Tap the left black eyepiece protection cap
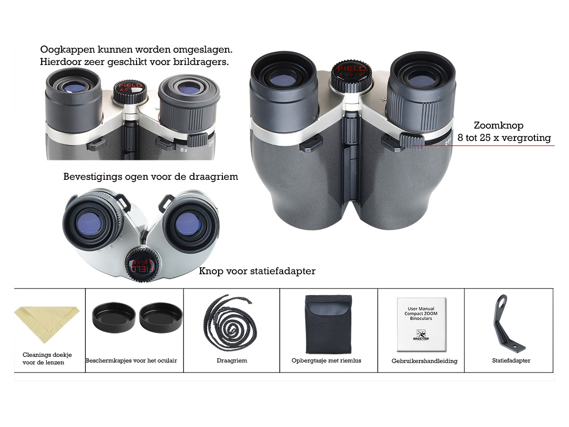tap(114, 317)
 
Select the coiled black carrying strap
tap(230, 323)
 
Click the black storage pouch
tap(329, 324)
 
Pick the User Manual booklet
tap(422, 324)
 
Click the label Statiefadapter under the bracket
tap(511, 361)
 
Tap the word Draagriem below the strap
tap(232, 361)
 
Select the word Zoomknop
tap(498, 125)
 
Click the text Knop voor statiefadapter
tap(257, 271)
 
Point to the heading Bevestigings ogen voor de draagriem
tap(151, 177)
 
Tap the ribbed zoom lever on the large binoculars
tap(412, 140)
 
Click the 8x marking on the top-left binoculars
tap(184, 150)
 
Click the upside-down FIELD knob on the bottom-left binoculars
tap(142, 264)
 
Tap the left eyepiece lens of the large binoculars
tap(283, 78)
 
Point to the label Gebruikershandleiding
tap(424, 361)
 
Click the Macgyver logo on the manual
tap(421, 334)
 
